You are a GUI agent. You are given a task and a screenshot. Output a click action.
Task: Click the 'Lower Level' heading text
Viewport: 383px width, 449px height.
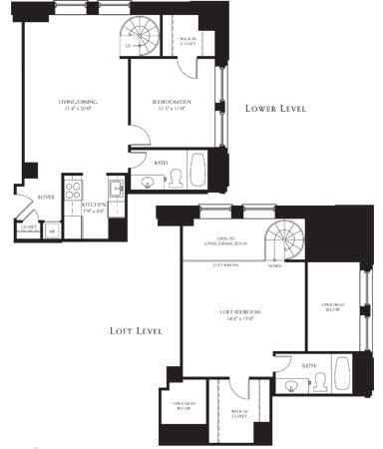(x=275, y=108)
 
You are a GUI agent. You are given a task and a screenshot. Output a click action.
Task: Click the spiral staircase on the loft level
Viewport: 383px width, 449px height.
(x=285, y=241)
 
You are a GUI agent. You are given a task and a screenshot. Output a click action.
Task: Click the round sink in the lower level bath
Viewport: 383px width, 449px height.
(x=149, y=182)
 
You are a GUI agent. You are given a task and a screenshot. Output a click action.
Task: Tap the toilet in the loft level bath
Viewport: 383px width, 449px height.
(x=319, y=379)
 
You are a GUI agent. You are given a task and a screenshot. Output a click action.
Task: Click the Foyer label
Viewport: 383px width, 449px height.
(x=46, y=198)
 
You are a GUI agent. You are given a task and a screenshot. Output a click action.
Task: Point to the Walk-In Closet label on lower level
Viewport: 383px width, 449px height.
(x=188, y=43)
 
